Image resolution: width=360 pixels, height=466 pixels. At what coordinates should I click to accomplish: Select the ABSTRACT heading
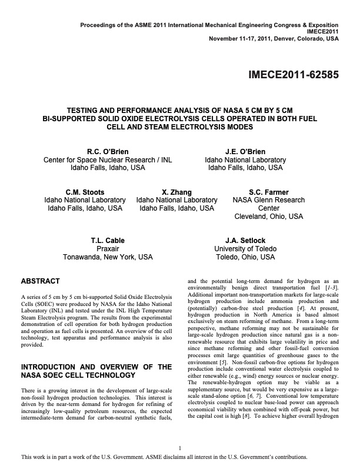tap(41, 281)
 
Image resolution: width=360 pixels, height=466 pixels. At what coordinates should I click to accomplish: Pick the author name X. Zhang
tap(176, 192)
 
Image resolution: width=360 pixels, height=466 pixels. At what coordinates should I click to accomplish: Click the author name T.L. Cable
tap(108, 241)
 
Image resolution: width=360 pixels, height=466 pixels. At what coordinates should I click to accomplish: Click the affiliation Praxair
tap(108, 249)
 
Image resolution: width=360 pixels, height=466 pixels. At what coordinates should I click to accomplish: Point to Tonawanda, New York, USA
tap(108, 257)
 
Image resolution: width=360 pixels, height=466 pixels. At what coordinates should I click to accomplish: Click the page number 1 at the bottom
tap(180, 447)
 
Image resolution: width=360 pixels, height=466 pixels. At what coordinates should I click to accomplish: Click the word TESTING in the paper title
tap(102, 109)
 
